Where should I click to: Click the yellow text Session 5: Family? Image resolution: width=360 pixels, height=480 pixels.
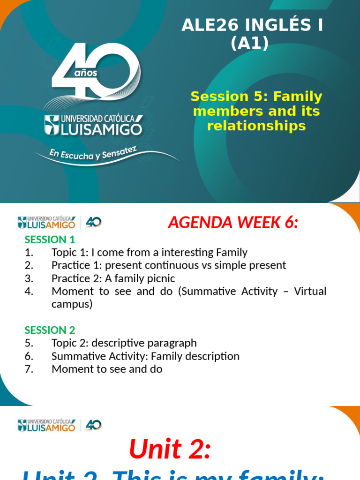256,97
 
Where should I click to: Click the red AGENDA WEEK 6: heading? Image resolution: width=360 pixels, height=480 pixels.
233,223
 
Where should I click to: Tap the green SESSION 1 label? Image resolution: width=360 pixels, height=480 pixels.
50,240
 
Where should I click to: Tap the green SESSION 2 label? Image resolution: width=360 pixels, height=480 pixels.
50,330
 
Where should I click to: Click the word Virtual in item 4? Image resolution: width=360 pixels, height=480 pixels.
310,291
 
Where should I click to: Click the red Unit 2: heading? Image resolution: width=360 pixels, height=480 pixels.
170,450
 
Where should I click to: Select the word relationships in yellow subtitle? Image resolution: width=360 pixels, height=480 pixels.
256,126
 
